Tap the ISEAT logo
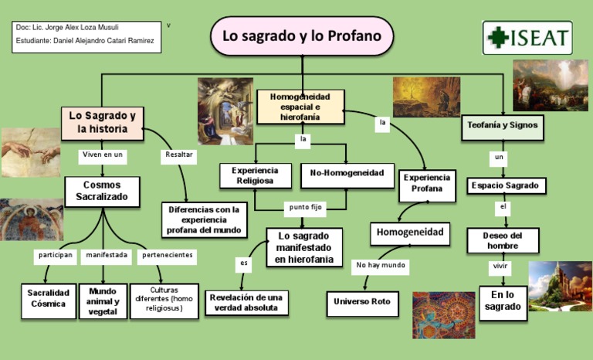pos(527,38)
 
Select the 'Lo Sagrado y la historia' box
pos(103,124)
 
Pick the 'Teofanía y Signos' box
pos(503,125)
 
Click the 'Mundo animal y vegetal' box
pos(103,301)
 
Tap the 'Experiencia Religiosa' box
pos(256,175)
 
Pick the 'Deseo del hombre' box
pos(503,240)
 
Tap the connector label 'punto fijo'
pos(306,207)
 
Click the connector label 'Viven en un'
pos(103,155)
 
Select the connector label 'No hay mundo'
pos(381,265)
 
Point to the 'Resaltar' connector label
pos(178,155)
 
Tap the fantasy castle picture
pos(560,286)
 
